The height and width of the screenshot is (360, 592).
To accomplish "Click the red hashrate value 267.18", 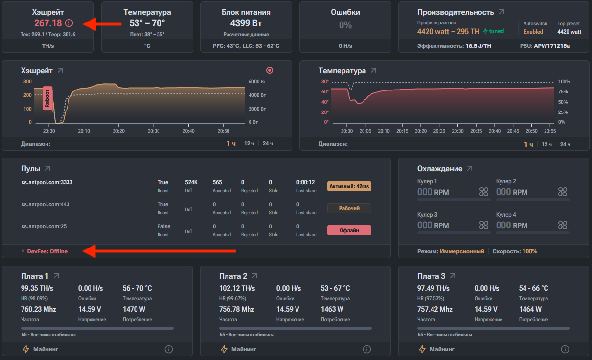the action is (48, 23).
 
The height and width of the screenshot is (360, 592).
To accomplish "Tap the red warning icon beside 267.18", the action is (69, 23).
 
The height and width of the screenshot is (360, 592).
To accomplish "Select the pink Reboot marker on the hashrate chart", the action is (47, 98).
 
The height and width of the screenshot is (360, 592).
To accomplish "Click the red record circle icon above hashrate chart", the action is (269, 70).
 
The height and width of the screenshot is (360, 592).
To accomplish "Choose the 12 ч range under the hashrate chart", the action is (249, 143).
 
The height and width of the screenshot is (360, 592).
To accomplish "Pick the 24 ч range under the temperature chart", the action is (565, 144).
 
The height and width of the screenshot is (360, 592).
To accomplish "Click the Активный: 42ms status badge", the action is (349, 186).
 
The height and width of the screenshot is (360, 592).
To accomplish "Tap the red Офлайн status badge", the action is (349, 230).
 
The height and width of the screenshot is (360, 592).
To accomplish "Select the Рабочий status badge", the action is (349, 208).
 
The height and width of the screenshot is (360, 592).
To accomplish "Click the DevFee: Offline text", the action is (47, 251).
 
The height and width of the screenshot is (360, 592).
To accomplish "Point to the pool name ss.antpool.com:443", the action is (46, 204).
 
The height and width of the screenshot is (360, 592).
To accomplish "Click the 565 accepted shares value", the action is (217, 182).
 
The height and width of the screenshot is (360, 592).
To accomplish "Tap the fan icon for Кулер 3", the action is (484, 225).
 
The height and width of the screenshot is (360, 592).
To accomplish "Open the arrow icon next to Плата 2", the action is (254, 276).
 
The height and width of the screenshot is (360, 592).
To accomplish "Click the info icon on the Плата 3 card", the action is (565, 349).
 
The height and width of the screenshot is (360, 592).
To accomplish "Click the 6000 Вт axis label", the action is (257, 81).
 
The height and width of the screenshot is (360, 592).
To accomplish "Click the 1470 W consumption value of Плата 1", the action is (134, 309).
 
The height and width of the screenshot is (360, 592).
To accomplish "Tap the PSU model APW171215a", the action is (552, 46).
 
